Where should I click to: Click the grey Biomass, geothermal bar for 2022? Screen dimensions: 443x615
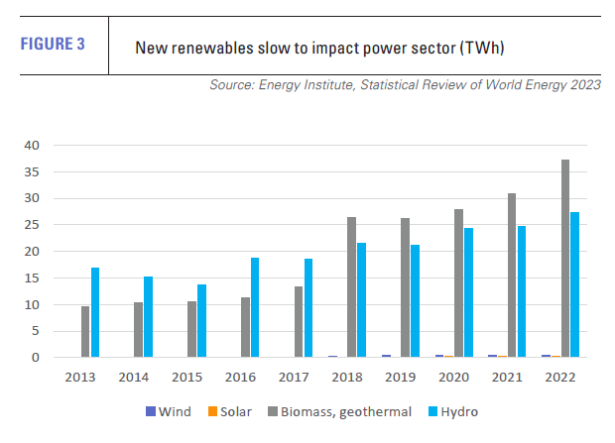tap(564, 259)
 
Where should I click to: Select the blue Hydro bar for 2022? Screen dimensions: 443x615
tap(575, 285)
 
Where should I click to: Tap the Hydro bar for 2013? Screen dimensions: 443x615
tap(95, 312)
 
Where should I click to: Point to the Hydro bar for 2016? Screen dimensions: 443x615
tap(255, 307)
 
